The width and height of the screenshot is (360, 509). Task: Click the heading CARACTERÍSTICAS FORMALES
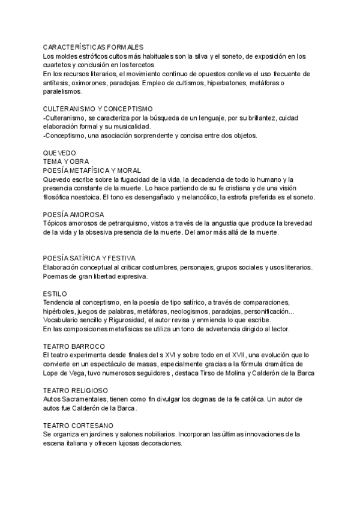(93, 47)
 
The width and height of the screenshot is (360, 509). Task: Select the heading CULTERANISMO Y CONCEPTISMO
(98, 109)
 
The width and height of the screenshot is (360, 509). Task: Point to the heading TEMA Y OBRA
(66, 161)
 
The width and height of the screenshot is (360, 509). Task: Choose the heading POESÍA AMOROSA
(74, 214)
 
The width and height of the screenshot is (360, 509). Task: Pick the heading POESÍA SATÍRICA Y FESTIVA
(89, 258)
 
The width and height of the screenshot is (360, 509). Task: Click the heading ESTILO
(55, 294)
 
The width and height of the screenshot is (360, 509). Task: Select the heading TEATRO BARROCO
(74, 346)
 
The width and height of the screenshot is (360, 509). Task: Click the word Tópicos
(55, 223)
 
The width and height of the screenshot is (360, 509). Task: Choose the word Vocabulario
(63, 320)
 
